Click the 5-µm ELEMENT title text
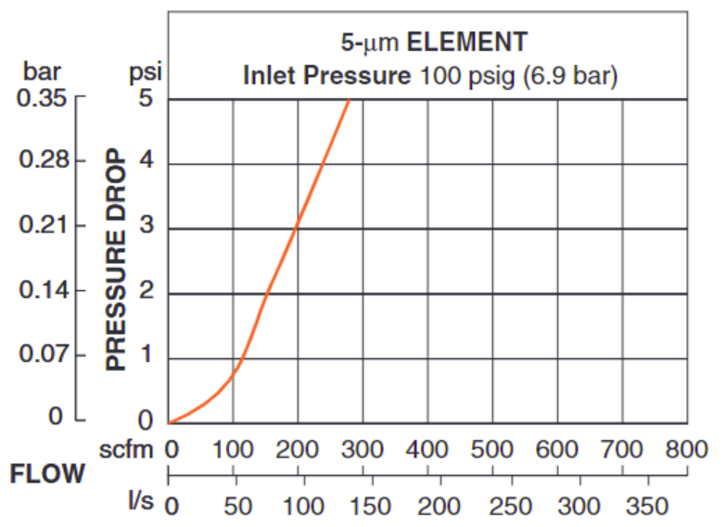pyautogui.click(x=434, y=42)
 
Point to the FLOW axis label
pyautogui.click(x=46, y=475)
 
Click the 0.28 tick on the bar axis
pyautogui.click(x=45, y=161)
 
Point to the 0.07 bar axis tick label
pyautogui.click(x=45, y=355)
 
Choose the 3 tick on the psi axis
pyautogui.click(x=146, y=227)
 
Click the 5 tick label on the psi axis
pyautogui.click(x=146, y=97)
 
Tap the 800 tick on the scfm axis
pyautogui.click(x=687, y=450)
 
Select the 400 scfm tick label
pyautogui.click(x=427, y=450)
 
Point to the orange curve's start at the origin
pyautogui.click(x=169, y=423)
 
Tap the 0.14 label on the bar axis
pyautogui.click(x=45, y=291)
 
